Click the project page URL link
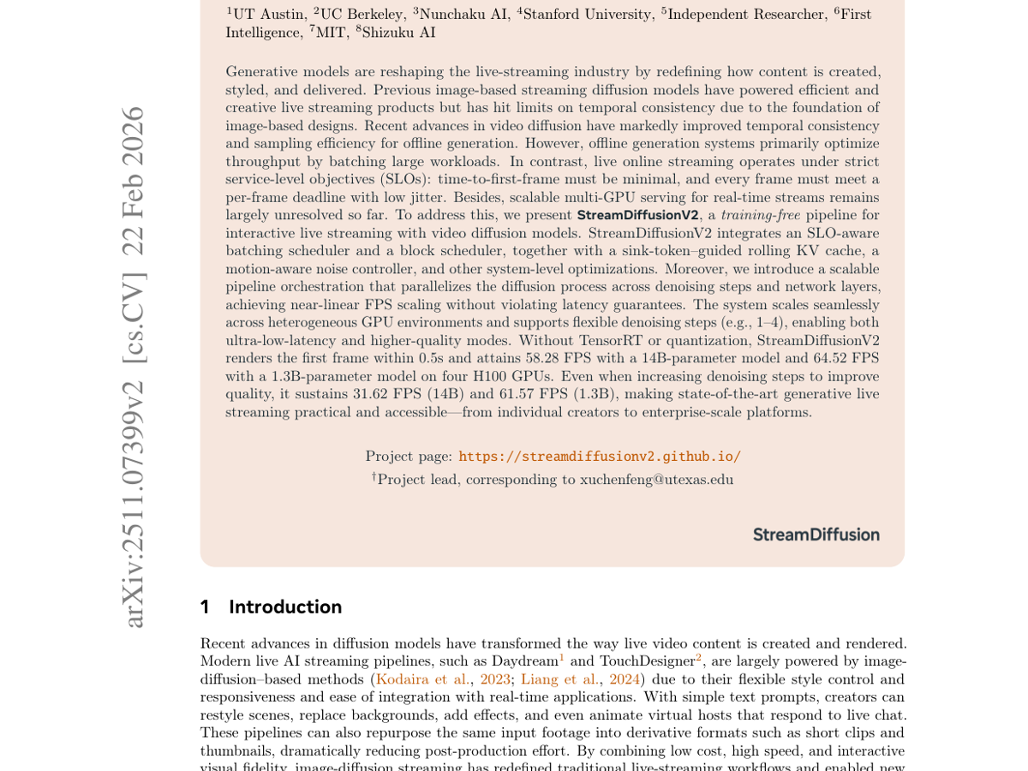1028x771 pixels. click(600, 457)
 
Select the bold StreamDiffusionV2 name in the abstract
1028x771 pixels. click(637, 215)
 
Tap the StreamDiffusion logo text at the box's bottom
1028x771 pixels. click(816, 535)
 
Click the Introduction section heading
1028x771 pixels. click(285, 607)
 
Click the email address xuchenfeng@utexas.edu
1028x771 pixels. click(656, 480)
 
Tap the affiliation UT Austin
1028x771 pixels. click(270, 15)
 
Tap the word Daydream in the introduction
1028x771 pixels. click(523, 661)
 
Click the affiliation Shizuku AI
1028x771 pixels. click(398, 33)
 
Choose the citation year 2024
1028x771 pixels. click(625, 679)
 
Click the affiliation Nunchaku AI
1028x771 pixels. click(463, 15)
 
